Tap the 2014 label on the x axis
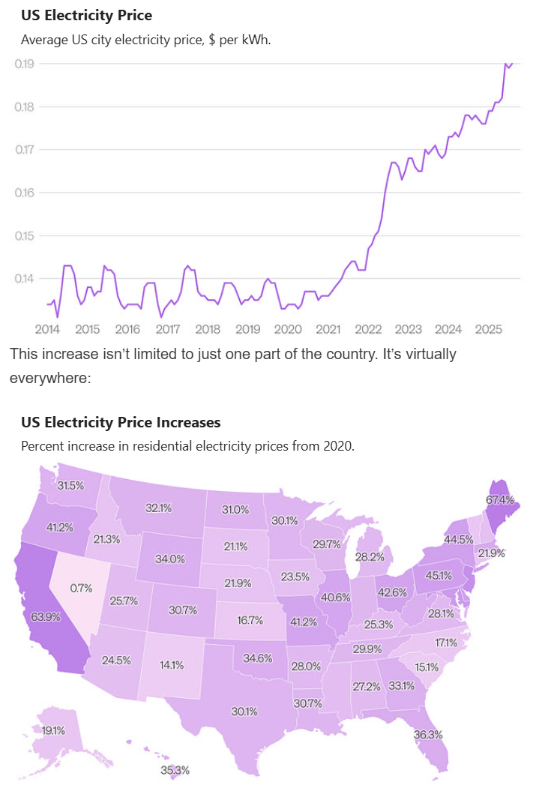47,329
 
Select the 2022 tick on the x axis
368,329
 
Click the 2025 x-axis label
488,329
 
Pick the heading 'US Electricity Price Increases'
121,423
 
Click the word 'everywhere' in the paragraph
49,378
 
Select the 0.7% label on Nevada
81,588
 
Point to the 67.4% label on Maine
500,499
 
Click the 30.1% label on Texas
244,711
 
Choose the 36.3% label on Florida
428,734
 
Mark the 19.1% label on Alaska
53,730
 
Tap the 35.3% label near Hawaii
175,770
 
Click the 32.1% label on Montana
159,508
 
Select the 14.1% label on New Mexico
172,664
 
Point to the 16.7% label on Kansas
250,620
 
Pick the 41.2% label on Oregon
60,527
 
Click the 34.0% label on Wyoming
170,559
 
